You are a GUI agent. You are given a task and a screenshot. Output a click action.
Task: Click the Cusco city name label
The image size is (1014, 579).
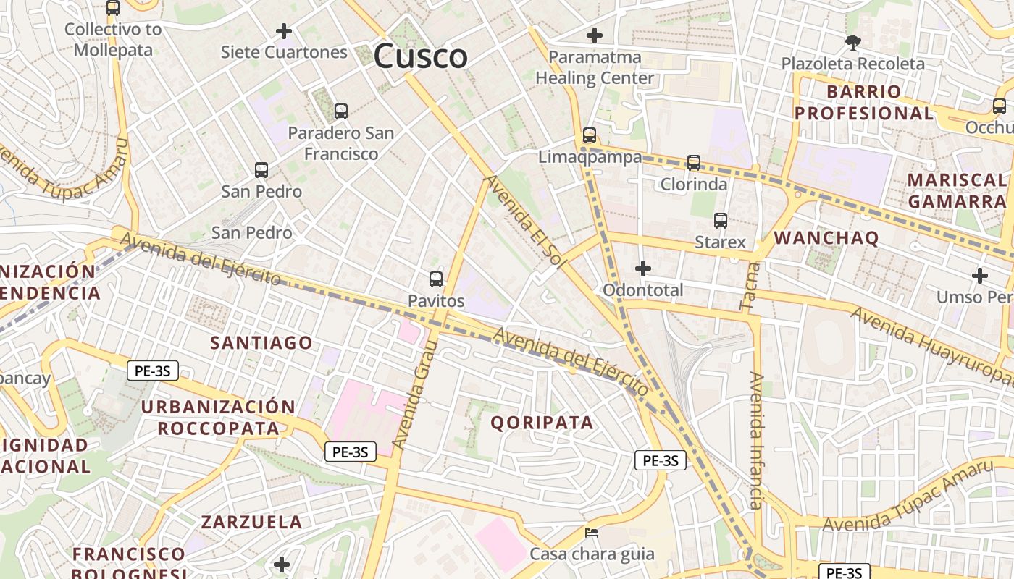coord(421,56)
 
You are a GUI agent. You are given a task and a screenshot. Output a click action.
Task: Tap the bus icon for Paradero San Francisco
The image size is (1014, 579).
coord(341,111)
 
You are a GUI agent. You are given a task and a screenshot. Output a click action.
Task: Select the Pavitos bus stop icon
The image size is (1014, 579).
coord(436,279)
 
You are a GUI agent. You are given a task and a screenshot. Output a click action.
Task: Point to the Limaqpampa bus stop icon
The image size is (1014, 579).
coord(590,135)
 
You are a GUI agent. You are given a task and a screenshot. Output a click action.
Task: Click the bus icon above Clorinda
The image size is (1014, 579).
coord(694,163)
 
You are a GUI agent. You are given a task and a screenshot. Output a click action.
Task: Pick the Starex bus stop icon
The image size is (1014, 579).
coord(721,221)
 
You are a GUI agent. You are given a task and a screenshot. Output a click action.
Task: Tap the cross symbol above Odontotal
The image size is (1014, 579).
coord(642,269)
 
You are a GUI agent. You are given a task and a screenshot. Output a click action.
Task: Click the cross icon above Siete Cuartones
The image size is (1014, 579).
coord(284,31)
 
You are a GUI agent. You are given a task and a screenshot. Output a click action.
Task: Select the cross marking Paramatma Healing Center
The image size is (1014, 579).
coord(595,35)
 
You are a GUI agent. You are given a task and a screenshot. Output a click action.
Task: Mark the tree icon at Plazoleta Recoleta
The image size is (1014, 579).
coord(853,43)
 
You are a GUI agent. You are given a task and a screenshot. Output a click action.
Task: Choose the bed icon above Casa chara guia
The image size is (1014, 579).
coord(592,533)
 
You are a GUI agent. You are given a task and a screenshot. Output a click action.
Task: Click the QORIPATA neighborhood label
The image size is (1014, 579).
coord(542,423)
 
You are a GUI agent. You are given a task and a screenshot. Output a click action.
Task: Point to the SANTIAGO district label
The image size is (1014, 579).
coord(261,342)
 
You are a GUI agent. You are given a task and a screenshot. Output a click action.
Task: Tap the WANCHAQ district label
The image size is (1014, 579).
coord(826,237)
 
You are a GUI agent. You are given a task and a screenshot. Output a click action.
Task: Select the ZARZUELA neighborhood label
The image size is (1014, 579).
coord(251,522)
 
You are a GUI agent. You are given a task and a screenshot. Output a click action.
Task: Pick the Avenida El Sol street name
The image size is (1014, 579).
coord(524,221)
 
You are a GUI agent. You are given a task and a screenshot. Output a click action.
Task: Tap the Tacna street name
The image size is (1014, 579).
coord(750,287)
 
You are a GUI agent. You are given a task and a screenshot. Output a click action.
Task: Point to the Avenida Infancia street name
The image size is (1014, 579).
coord(756,441)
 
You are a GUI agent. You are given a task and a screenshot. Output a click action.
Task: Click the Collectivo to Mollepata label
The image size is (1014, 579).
coord(114,40)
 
